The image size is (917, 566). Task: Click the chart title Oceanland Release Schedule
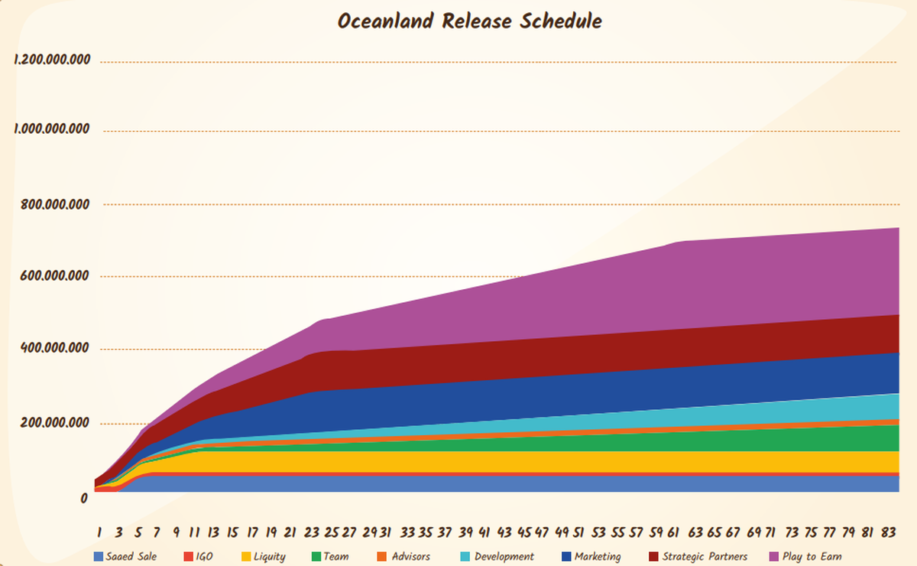point(469,21)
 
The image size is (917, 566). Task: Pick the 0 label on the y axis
point(84,499)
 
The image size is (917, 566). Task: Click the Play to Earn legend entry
point(811,556)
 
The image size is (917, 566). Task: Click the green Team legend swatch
point(316,556)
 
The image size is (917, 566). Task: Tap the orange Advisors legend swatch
point(382,556)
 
